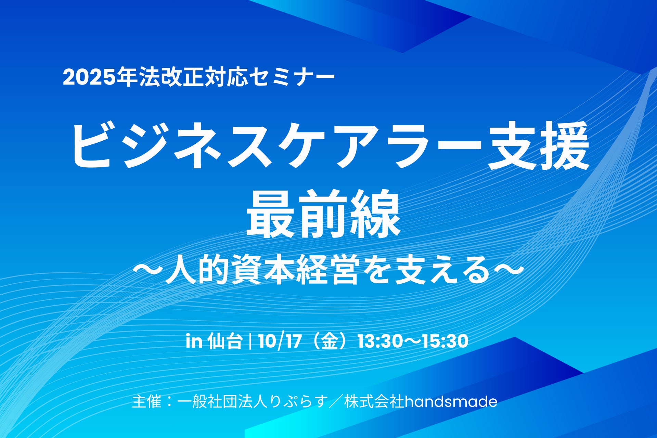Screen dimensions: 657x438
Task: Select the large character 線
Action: (x=375, y=214)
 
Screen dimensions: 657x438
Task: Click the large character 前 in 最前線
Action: (x=323, y=214)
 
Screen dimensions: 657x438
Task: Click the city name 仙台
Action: (x=225, y=341)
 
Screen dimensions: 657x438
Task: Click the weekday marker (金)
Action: (x=330, y=341)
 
